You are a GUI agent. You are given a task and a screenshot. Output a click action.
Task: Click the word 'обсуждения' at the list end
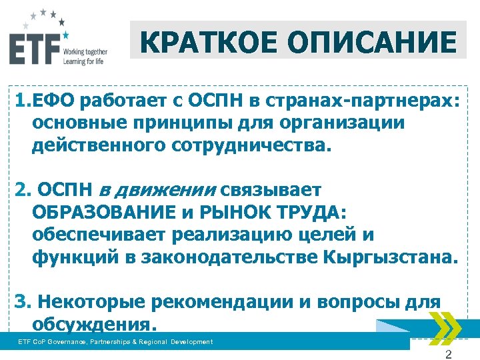94,324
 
